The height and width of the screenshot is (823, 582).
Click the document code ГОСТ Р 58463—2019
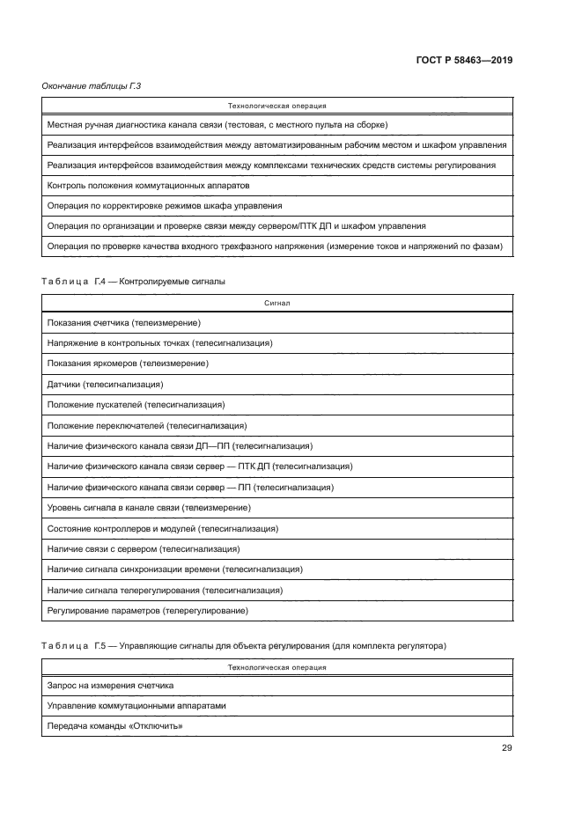(463, 61)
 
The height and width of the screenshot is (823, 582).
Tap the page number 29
(506, 748)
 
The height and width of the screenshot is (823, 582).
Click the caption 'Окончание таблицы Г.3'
(92, 85)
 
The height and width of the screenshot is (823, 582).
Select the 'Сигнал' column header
(277, 302)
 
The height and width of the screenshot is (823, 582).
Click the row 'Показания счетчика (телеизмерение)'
(123, 322)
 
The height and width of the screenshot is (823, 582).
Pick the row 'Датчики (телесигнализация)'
(105, 384)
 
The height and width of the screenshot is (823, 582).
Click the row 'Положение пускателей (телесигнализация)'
(136, 405)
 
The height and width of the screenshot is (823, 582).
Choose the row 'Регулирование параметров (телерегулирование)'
(147, 611)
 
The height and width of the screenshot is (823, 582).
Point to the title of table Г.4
(134, 282)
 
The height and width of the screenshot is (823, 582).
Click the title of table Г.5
(243, 645)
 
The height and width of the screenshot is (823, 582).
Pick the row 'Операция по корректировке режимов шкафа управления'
(164, 206)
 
